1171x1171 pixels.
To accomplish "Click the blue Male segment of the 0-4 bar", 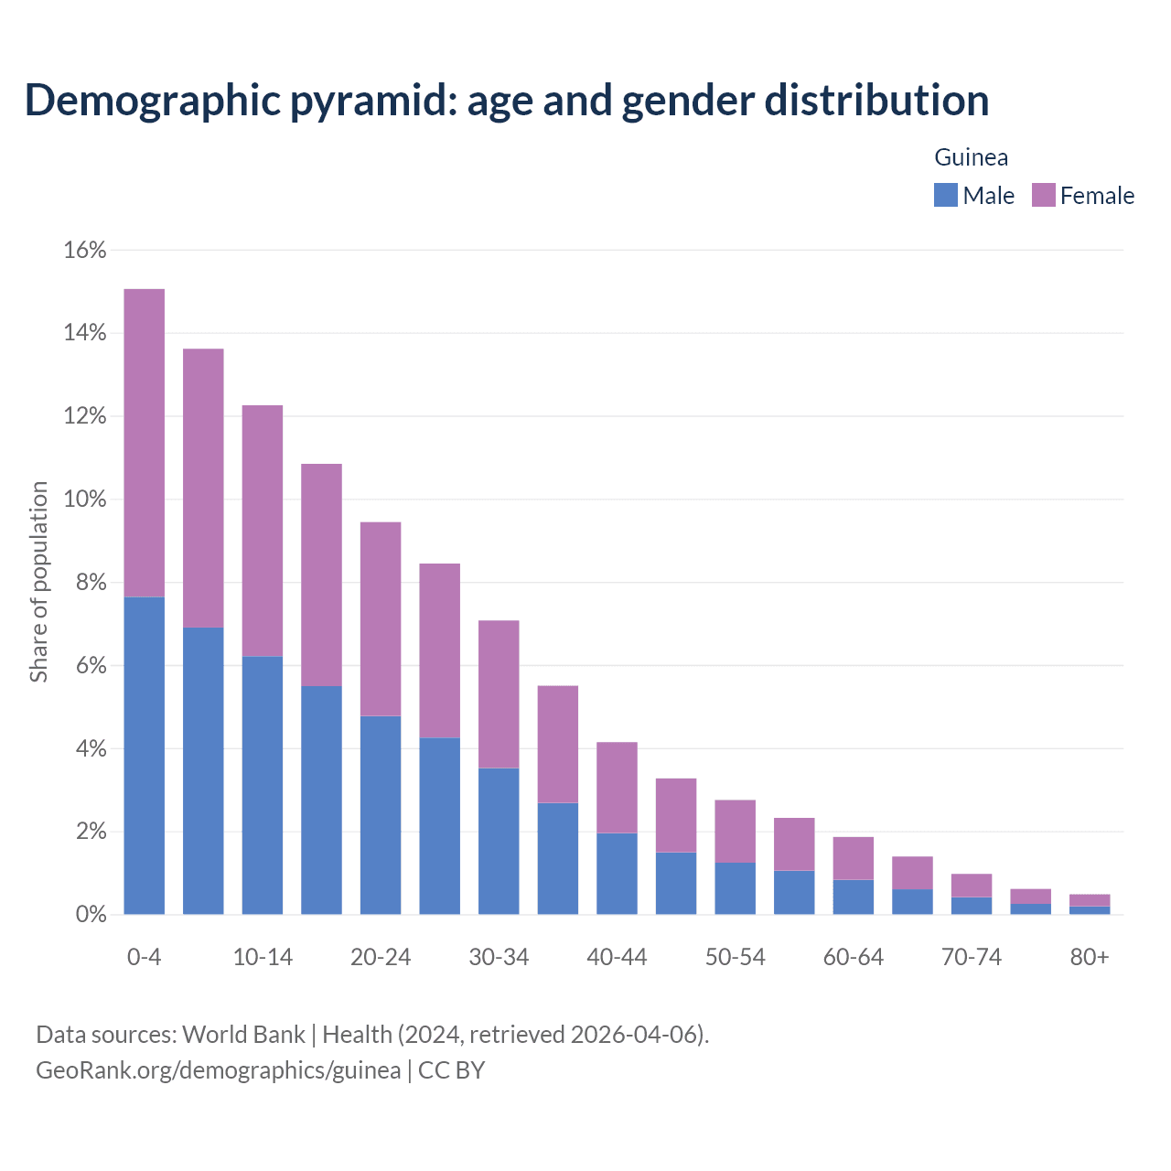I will click(x=144, y=756).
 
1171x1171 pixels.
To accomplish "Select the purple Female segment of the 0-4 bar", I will click(x=144, y=443).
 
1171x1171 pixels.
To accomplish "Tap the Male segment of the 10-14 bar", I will click(x=263, y=785).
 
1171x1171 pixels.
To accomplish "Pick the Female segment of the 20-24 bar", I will click(x=381, y=619).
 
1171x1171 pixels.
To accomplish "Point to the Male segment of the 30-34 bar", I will click(x=499, y=841).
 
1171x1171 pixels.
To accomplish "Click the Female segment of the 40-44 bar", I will click(x=617, y=788).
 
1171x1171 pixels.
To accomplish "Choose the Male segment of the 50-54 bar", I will click(x=735, y=888).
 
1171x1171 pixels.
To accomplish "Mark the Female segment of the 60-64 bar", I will click(x=853, y=858).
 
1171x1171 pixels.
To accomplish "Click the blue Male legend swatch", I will click(x=945, y=195).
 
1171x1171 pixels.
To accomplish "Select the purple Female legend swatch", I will click(x=1043, y=195).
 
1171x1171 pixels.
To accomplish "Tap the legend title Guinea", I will click(x=971, y=157).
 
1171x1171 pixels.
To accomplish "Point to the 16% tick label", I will click(x=85, y=250).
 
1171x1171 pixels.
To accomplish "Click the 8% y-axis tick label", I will click(x=90, y=583).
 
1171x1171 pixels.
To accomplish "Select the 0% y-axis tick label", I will click(x=90, y=915).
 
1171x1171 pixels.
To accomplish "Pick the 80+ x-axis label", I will click(x=1089, y=957).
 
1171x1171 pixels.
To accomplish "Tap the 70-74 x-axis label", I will click(x=971, y=957).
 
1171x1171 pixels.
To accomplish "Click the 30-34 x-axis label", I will click(x=499, y=957).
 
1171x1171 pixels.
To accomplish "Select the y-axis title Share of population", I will click(x=38, y=582).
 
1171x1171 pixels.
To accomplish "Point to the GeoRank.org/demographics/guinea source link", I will click(x=218, y=1069).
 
